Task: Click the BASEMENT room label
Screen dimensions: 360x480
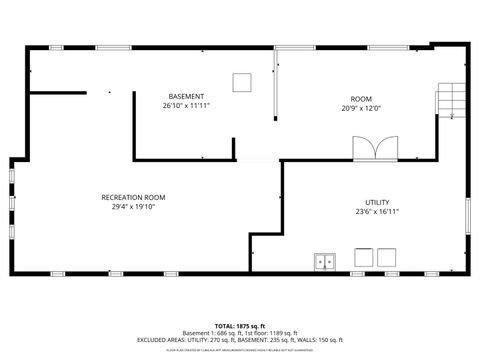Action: tap(186, 96)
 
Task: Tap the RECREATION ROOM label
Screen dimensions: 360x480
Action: tap(133, 197)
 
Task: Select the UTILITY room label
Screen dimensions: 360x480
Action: tap(377, 202)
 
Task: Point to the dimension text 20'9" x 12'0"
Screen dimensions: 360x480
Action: tap(361, 108)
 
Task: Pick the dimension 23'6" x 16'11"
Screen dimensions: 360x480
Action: tap(377, 211)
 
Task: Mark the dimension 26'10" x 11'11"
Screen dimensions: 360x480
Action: tap(186, 105)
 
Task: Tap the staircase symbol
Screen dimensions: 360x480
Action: tap(452, 101)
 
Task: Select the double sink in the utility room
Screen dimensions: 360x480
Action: tap(325, 261)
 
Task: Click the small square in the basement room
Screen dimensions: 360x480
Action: tap(242, 81)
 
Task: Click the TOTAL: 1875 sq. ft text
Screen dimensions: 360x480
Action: tap(239, 326)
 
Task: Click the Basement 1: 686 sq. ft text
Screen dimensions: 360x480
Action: tap(210, 333)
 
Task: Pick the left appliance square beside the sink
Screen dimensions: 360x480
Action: tap(362, 257)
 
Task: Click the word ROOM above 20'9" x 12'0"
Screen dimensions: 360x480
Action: tap(361, 98)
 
